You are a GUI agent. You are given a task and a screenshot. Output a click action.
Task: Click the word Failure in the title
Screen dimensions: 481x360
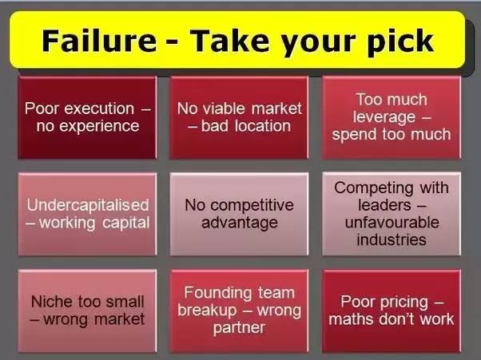coord(99,41)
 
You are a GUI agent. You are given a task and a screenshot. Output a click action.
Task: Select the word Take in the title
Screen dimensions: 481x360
coord(230,41)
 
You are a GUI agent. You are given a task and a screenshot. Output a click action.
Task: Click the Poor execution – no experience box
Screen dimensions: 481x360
coord(87,117)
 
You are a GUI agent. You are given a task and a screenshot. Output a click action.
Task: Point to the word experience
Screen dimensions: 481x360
coord(99,127)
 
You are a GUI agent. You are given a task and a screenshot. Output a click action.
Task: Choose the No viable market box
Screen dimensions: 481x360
coord(239,117)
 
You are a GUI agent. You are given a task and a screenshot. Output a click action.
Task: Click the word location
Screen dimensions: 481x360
coord(263,126)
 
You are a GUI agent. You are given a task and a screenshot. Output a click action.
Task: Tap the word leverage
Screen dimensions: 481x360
coord(384,118)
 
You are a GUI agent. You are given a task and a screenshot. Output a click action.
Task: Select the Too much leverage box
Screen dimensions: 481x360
coord(392,117)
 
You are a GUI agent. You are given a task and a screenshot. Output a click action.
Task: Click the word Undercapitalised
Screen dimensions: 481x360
coord(88,205)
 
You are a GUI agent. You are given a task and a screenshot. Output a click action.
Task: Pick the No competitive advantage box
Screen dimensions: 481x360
coord(239,214)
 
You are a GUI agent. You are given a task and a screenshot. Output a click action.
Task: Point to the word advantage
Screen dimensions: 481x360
coord(240,223)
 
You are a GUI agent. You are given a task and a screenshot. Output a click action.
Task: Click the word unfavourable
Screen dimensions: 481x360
coord(392,222)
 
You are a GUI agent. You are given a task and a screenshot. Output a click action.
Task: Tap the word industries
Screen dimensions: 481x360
coord(392,239)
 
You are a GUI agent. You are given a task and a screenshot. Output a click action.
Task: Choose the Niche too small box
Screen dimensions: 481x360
coord(87,311)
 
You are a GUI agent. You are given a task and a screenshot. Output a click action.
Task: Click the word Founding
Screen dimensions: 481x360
coord(217,293)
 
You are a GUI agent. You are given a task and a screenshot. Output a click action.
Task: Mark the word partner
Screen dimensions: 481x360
coord(239,328)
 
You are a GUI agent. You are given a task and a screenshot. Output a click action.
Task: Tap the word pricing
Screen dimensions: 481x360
coord(404,303)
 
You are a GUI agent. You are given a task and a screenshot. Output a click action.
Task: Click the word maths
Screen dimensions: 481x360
coord(352,319)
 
